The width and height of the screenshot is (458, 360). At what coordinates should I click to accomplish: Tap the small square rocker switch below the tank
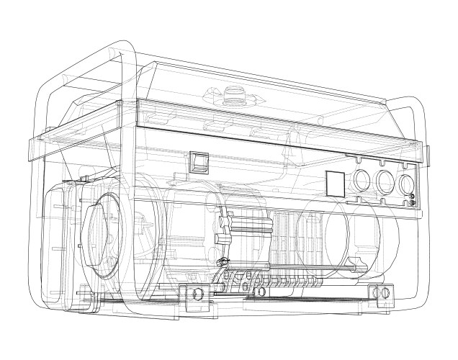tap(198, 162)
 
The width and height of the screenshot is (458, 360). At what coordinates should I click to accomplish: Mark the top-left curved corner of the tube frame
tap(115, 54)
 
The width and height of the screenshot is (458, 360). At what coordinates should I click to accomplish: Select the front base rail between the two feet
tap(288, 295)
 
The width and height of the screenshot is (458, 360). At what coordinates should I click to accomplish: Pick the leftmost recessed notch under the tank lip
tap(216, 127)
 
